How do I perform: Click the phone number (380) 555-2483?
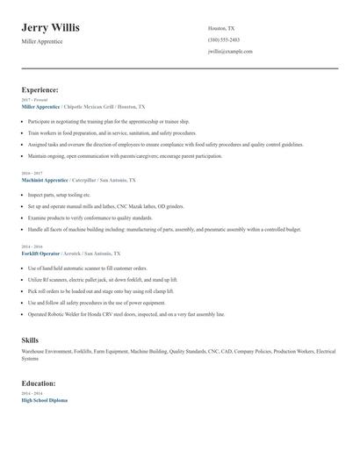(224, 39)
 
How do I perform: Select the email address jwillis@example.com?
(230, 52)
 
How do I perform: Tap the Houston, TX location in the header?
(221, 28)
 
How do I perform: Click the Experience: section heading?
(40, 89)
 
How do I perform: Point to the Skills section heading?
(30, 338)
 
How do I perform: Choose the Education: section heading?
(39, 383)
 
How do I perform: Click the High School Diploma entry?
(44, 400)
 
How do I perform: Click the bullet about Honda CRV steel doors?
(126, 313)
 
